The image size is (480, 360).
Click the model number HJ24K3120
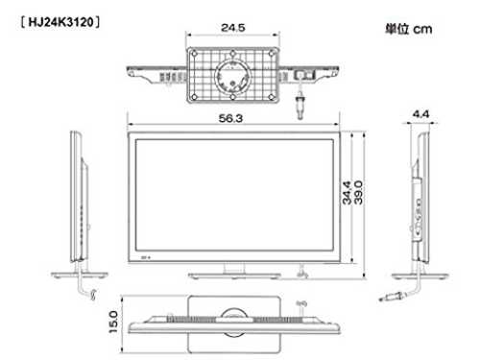point(60,22)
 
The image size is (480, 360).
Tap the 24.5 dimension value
point(233,28)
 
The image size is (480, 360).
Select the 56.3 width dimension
point(230,118)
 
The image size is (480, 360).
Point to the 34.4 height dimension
point(347,193)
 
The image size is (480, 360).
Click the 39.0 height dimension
point(359,193)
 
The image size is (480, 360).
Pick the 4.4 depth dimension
point(420,114)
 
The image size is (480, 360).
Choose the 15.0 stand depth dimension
point(113,322)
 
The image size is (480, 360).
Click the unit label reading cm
point(422,30)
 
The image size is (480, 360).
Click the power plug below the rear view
point(300,104)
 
